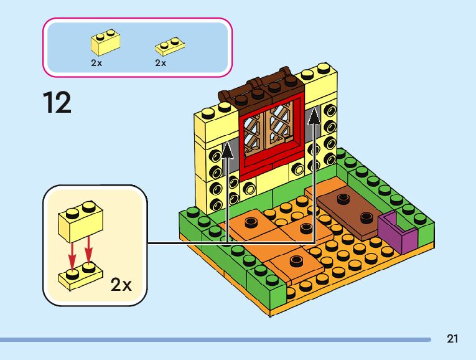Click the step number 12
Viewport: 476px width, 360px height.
click(57, 102)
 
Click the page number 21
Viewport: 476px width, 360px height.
click(452, 339)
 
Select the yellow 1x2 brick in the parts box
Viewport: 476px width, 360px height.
click(105, 42)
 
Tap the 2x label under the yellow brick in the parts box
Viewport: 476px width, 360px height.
click(96, 63)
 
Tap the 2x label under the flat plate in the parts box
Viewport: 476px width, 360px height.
click(161, 63)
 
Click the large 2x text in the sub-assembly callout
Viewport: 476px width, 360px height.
click(121, 285)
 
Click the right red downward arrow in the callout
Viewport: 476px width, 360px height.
click(89, 250)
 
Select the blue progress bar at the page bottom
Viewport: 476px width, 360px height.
click(215, 339)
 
